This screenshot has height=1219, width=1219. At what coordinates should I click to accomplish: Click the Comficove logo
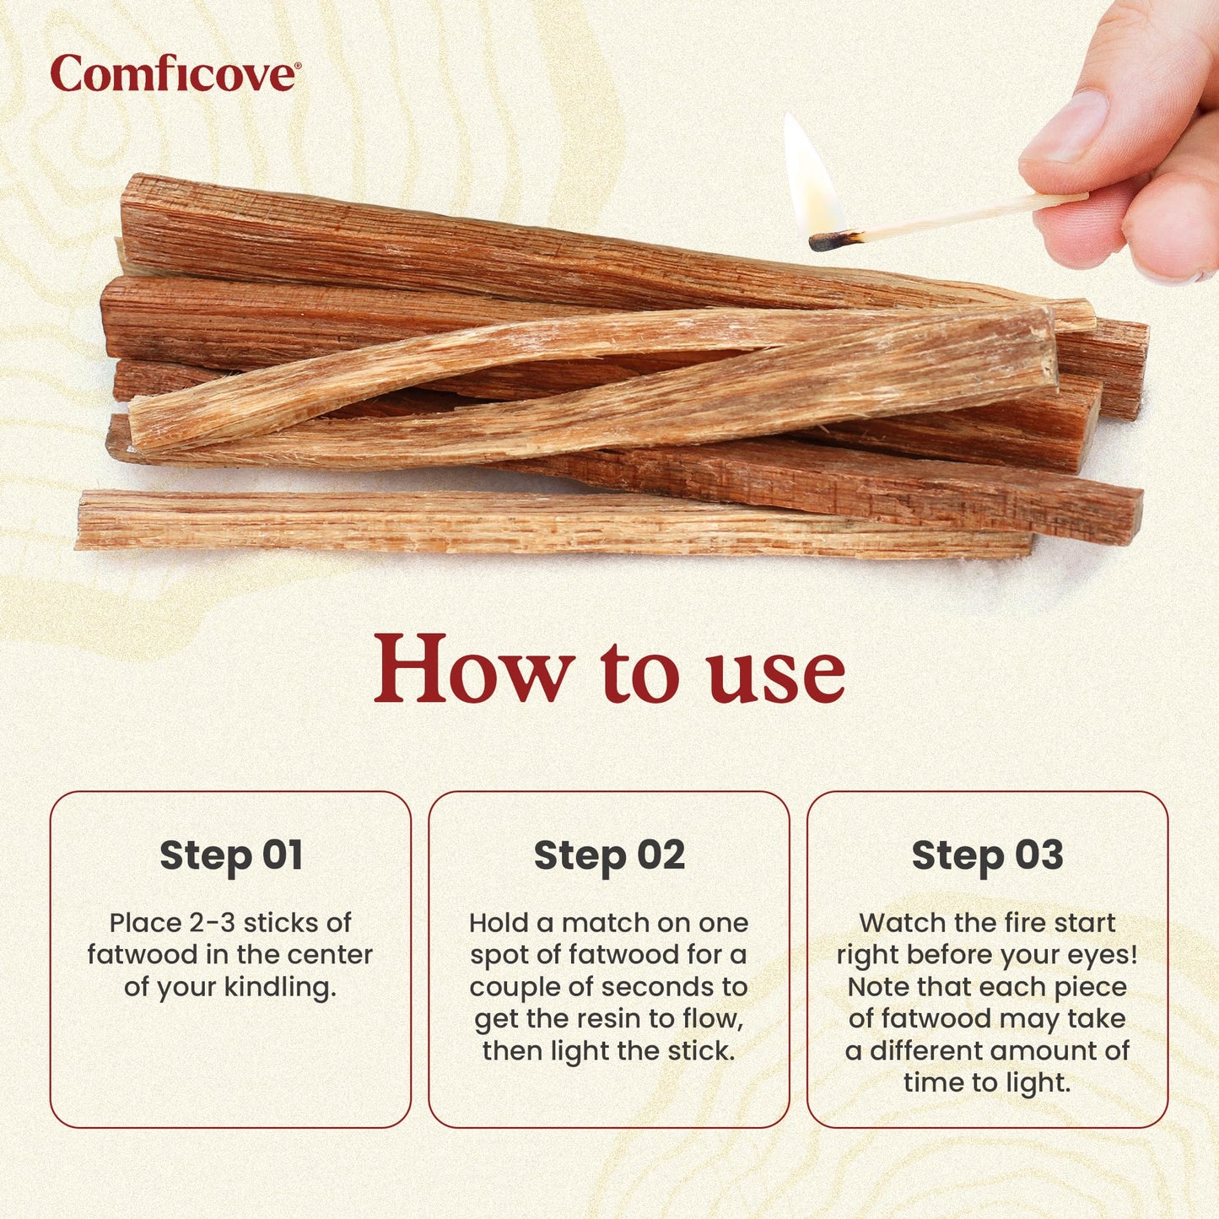(175, 73)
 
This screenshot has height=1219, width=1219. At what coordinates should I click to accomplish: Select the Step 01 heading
(230, 855)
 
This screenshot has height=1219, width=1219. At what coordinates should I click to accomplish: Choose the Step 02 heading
(609, 855)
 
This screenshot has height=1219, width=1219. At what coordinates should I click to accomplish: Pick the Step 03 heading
(987, 855)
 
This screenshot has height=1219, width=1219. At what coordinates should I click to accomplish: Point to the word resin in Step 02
(612, 1019)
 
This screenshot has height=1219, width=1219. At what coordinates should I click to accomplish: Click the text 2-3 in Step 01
(208, 923)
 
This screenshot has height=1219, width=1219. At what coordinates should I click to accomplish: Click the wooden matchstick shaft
(970, 215)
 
